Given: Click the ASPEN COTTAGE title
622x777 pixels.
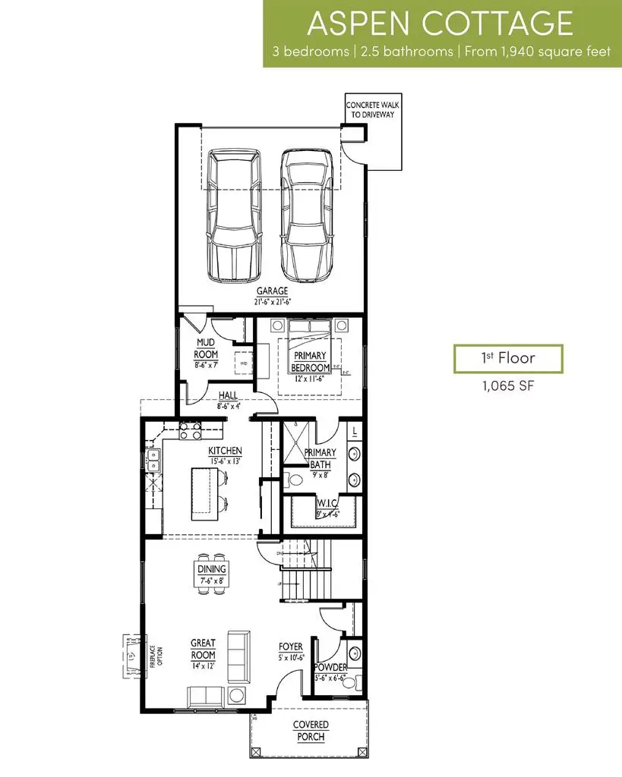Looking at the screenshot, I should click(440, 24).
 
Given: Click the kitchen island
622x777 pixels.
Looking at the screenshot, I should click(202, 493).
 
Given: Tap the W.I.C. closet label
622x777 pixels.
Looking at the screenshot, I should click(327, 505).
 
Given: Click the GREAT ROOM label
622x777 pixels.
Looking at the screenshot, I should click(203, 649).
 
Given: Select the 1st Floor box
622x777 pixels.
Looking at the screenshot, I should click(508, 358).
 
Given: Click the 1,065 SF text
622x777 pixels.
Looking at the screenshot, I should click(508, 385).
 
